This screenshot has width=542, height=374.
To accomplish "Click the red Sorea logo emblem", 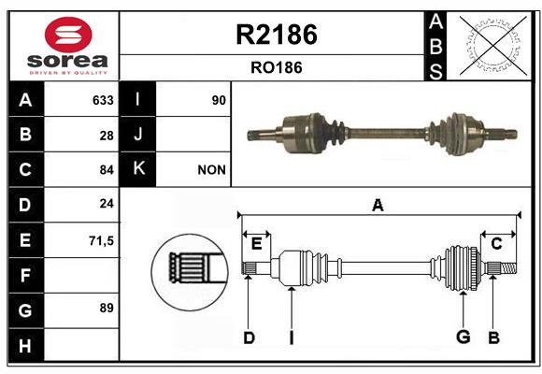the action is [x=68, y=35].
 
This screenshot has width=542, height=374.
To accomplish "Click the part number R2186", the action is [x=277, y=35].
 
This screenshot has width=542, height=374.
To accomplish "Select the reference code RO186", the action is [x=277, y=67].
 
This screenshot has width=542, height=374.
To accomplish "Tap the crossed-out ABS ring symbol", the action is [x=493, y=46].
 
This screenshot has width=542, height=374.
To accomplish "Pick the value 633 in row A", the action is [x=103, y=100].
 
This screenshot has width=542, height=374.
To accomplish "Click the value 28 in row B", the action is [x=107, y=136].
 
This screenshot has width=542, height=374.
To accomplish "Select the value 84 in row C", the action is [x=107, y=170].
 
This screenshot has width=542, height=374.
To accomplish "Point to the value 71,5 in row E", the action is [x=101, y=241].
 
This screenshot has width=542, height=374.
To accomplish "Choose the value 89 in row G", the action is [x=107, y=308].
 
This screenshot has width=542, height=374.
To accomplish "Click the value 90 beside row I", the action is [x=219, y=100].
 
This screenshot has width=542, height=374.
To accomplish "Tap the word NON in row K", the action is [x=211, y=170].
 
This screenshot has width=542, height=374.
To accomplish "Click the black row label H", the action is [x=26, y=345].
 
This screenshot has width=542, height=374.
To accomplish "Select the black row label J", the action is [x=137, y=135].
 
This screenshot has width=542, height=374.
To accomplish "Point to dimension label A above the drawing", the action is [x=378, y=206].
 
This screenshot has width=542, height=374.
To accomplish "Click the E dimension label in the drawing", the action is [x=256, y=244].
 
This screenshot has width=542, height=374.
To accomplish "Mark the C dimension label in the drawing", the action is [x=496, y=244].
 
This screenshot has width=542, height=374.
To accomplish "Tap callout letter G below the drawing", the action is [x=464, y=337].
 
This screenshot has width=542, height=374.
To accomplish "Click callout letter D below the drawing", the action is [x=249, y=338].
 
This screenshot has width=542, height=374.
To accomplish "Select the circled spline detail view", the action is [x=190, y=272].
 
